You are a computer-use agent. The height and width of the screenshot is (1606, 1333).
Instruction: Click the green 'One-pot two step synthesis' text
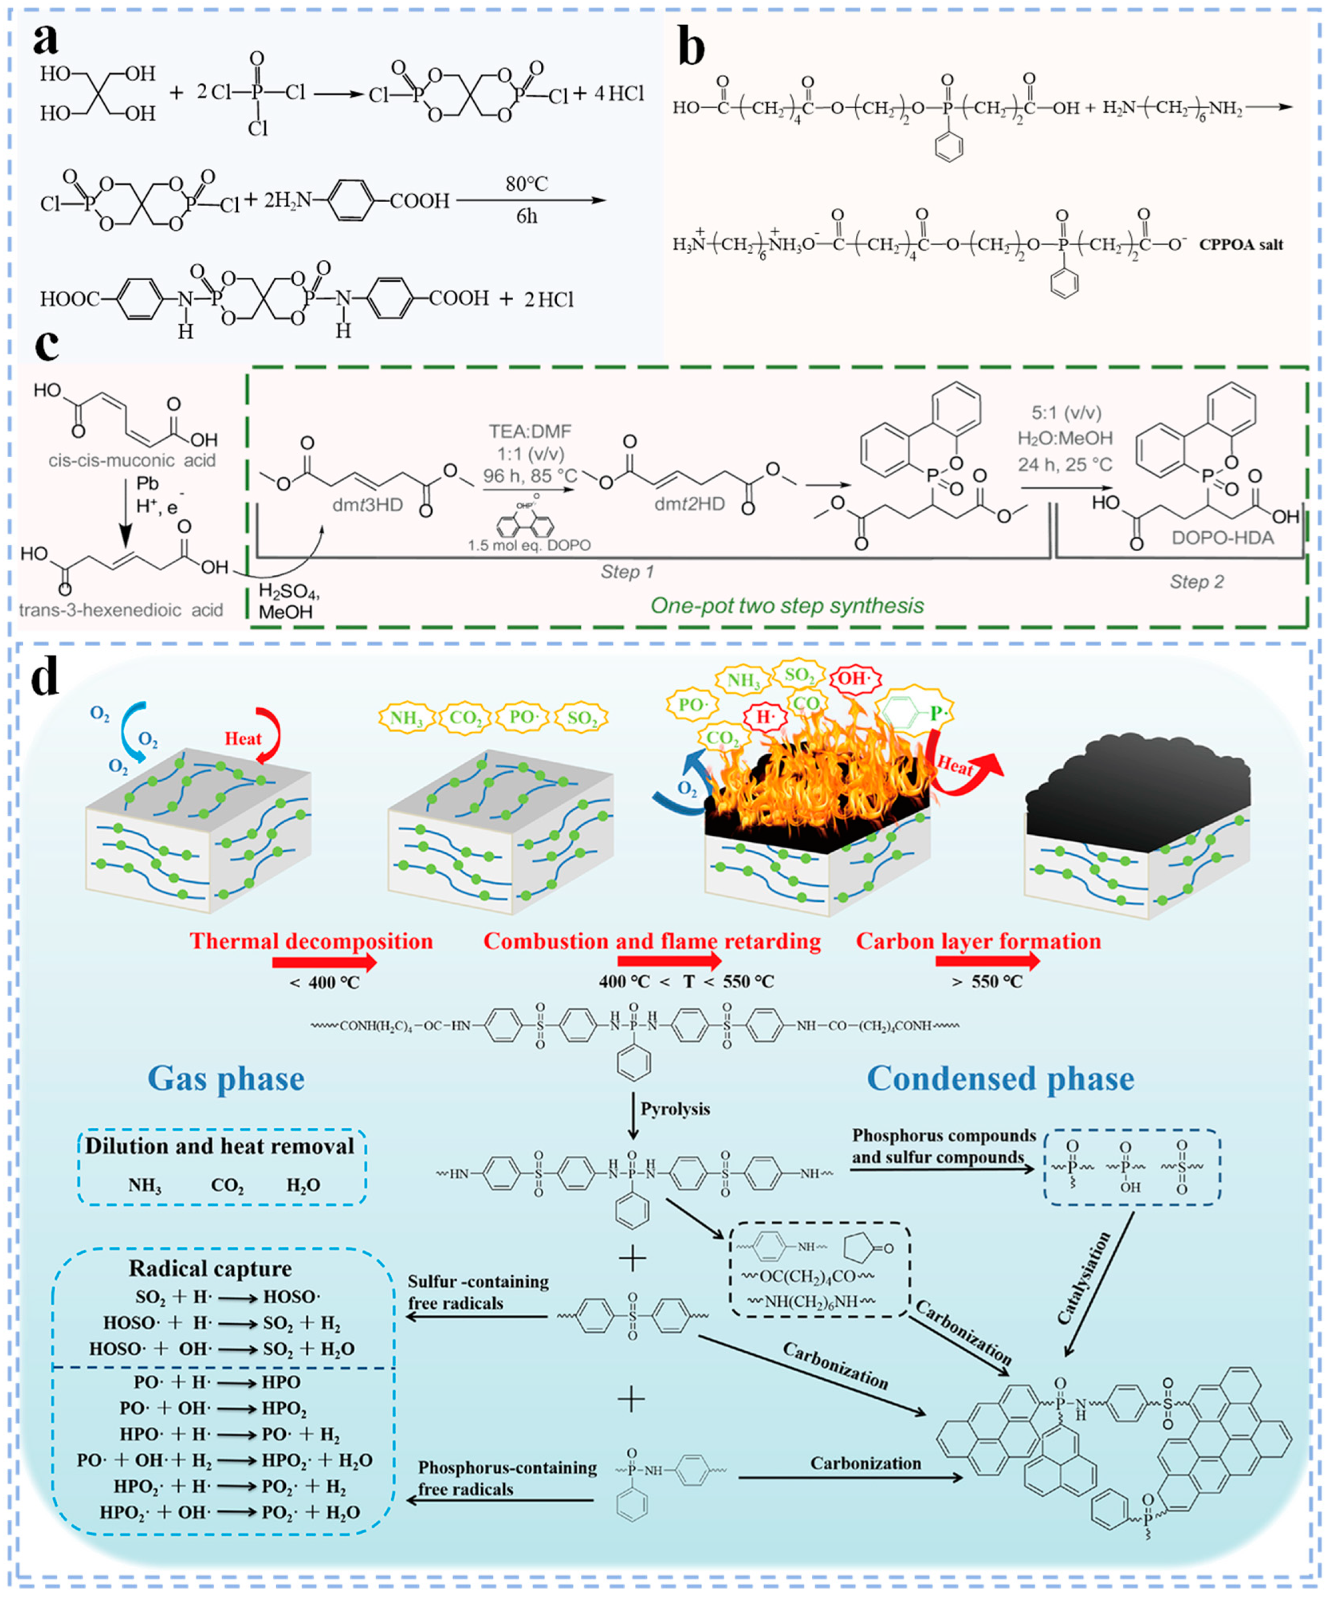787,606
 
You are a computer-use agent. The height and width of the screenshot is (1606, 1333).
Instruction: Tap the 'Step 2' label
1196,581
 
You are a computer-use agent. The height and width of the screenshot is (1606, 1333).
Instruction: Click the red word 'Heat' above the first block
243,738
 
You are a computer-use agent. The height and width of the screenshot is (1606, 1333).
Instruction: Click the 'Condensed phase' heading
1000,1078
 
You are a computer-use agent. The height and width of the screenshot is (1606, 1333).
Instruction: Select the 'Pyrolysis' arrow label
675,1109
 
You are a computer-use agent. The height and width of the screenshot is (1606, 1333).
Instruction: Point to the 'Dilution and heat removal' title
219,1147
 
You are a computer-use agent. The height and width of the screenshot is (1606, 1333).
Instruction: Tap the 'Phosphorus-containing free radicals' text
507,1478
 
